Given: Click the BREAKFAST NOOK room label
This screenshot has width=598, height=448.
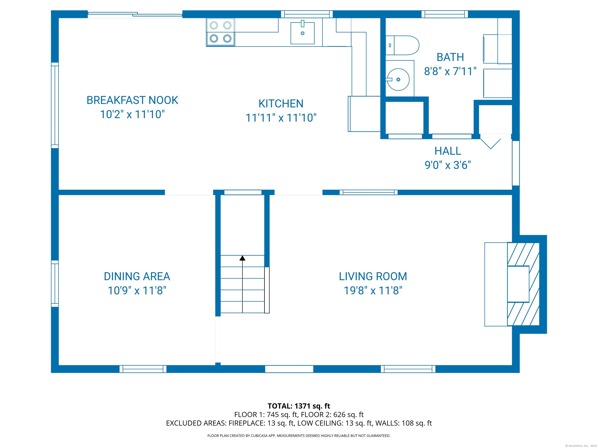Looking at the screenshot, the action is (x=132, y=100).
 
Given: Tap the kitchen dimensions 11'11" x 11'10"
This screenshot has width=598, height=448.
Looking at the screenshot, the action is (x=281, y=118).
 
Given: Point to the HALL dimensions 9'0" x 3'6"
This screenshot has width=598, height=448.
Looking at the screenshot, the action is (x=448, y=165).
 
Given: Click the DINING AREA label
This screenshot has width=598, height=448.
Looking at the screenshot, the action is (x=137, y=276).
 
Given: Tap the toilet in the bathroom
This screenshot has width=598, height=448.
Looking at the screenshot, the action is (x=402, y=45).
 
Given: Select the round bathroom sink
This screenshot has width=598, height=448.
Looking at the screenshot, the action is (x=398, y=79).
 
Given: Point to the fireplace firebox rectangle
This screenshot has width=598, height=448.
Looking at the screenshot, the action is (x=518, y=284).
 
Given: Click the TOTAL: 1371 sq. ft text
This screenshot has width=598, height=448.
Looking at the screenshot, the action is (x=299, y=406).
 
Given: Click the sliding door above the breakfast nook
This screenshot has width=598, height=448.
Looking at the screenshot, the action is (x=135, y=15).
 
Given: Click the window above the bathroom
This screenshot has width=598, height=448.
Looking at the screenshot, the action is (x=445, y=14).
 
